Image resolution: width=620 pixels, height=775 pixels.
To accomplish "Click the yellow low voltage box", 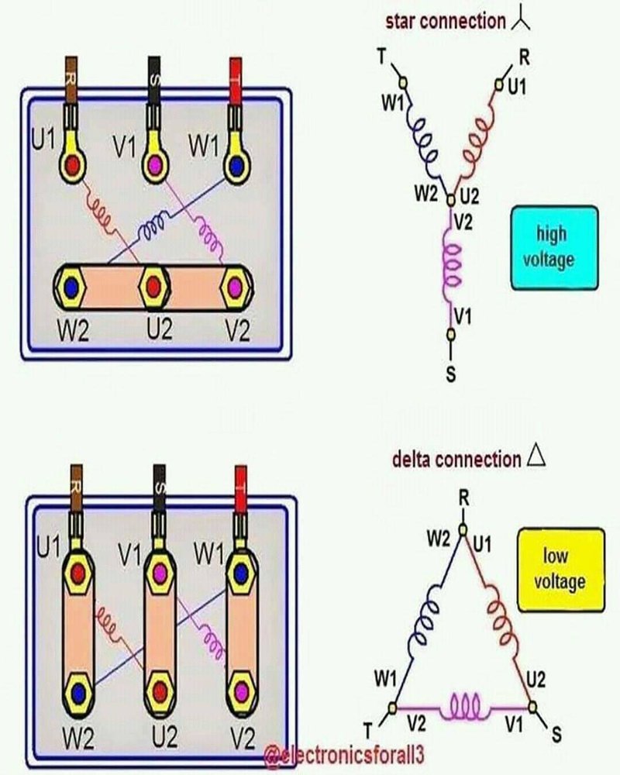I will (561, 569).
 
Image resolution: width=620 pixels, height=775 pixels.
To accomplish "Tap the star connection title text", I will (445, 21).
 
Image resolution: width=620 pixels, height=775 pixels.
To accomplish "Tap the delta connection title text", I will (456, 459).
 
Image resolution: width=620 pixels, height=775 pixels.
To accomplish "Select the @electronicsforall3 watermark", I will (346, 754).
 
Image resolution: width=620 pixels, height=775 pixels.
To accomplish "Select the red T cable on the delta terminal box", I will (241, 484).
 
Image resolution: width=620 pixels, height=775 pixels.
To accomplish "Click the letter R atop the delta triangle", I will (463, 498).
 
